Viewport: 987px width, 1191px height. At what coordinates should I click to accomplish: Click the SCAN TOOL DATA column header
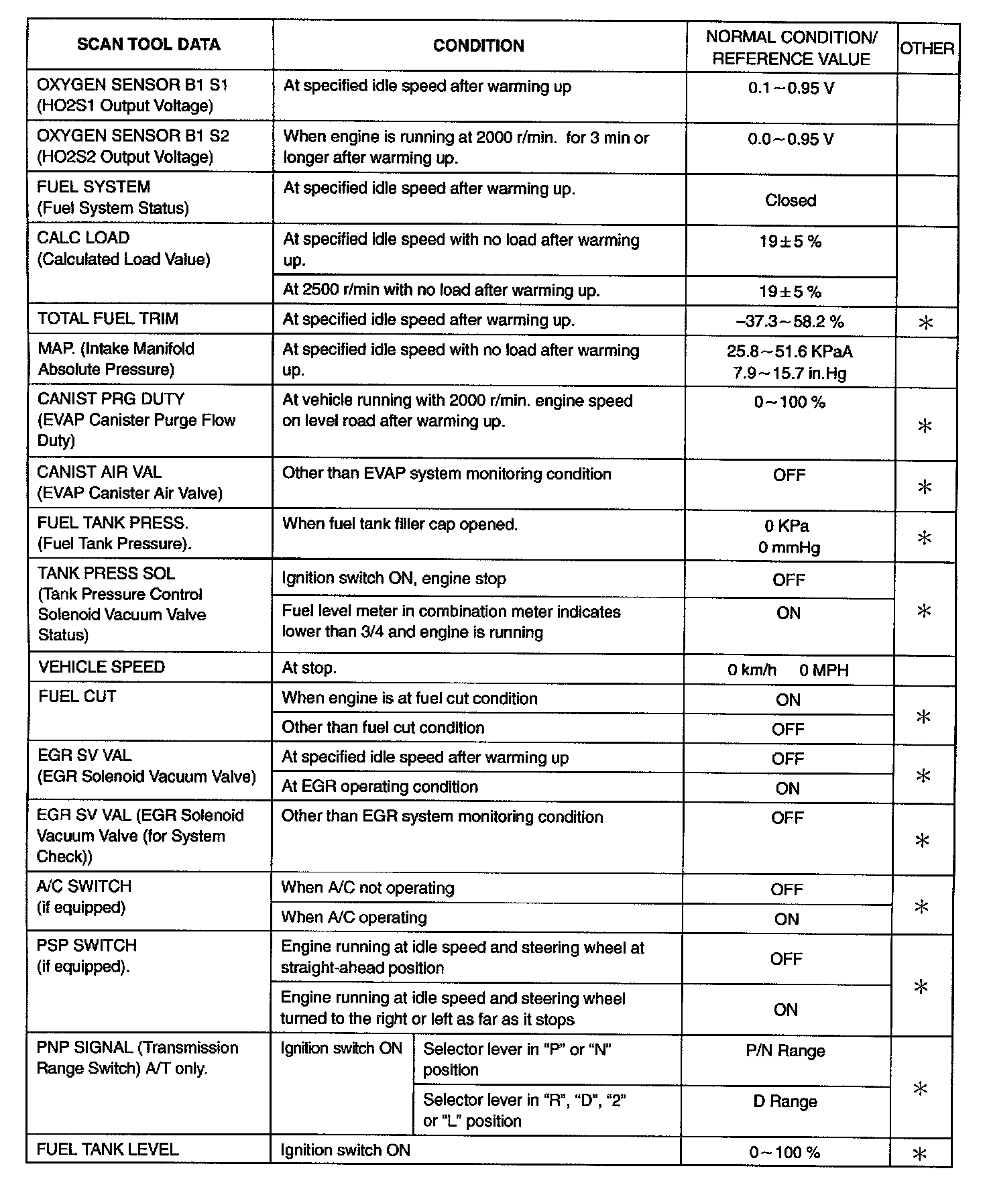(148, 45)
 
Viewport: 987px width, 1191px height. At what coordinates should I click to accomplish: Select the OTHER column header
(927, 48)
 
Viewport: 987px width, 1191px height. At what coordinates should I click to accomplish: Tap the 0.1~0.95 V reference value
(791, 88)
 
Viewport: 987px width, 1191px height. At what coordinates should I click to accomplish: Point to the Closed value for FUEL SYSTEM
(791, 201)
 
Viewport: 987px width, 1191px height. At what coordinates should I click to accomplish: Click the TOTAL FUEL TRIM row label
(108, 319)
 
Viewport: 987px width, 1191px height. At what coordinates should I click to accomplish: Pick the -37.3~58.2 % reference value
(790, 322)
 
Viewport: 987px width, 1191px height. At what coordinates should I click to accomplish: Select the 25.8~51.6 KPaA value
(790, 351)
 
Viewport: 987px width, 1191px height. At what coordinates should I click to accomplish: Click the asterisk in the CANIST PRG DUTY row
(925, 426)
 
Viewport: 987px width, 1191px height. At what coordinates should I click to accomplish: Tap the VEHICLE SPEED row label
(102, 667)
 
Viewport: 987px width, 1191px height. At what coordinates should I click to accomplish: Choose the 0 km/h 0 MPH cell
(788, 670)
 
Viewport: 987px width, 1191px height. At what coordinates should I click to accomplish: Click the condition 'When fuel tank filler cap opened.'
(400, 524)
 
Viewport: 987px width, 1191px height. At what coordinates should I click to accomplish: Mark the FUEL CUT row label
(77, 697)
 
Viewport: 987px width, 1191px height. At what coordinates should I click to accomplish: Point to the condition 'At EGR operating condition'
(380, 787)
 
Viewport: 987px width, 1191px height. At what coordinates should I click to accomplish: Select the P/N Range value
(785, 1051)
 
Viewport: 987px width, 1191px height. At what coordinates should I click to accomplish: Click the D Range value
(785, 1102)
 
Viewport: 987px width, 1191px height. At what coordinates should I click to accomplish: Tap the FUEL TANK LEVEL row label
(108, 1149)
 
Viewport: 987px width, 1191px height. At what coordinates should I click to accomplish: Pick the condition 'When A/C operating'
(354, 917)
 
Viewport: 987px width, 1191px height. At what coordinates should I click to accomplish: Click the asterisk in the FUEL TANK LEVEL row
(919, 1153)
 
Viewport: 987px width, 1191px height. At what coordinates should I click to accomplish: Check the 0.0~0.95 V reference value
(791, 139)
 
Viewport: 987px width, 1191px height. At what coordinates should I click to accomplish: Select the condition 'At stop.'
(309, 668)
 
